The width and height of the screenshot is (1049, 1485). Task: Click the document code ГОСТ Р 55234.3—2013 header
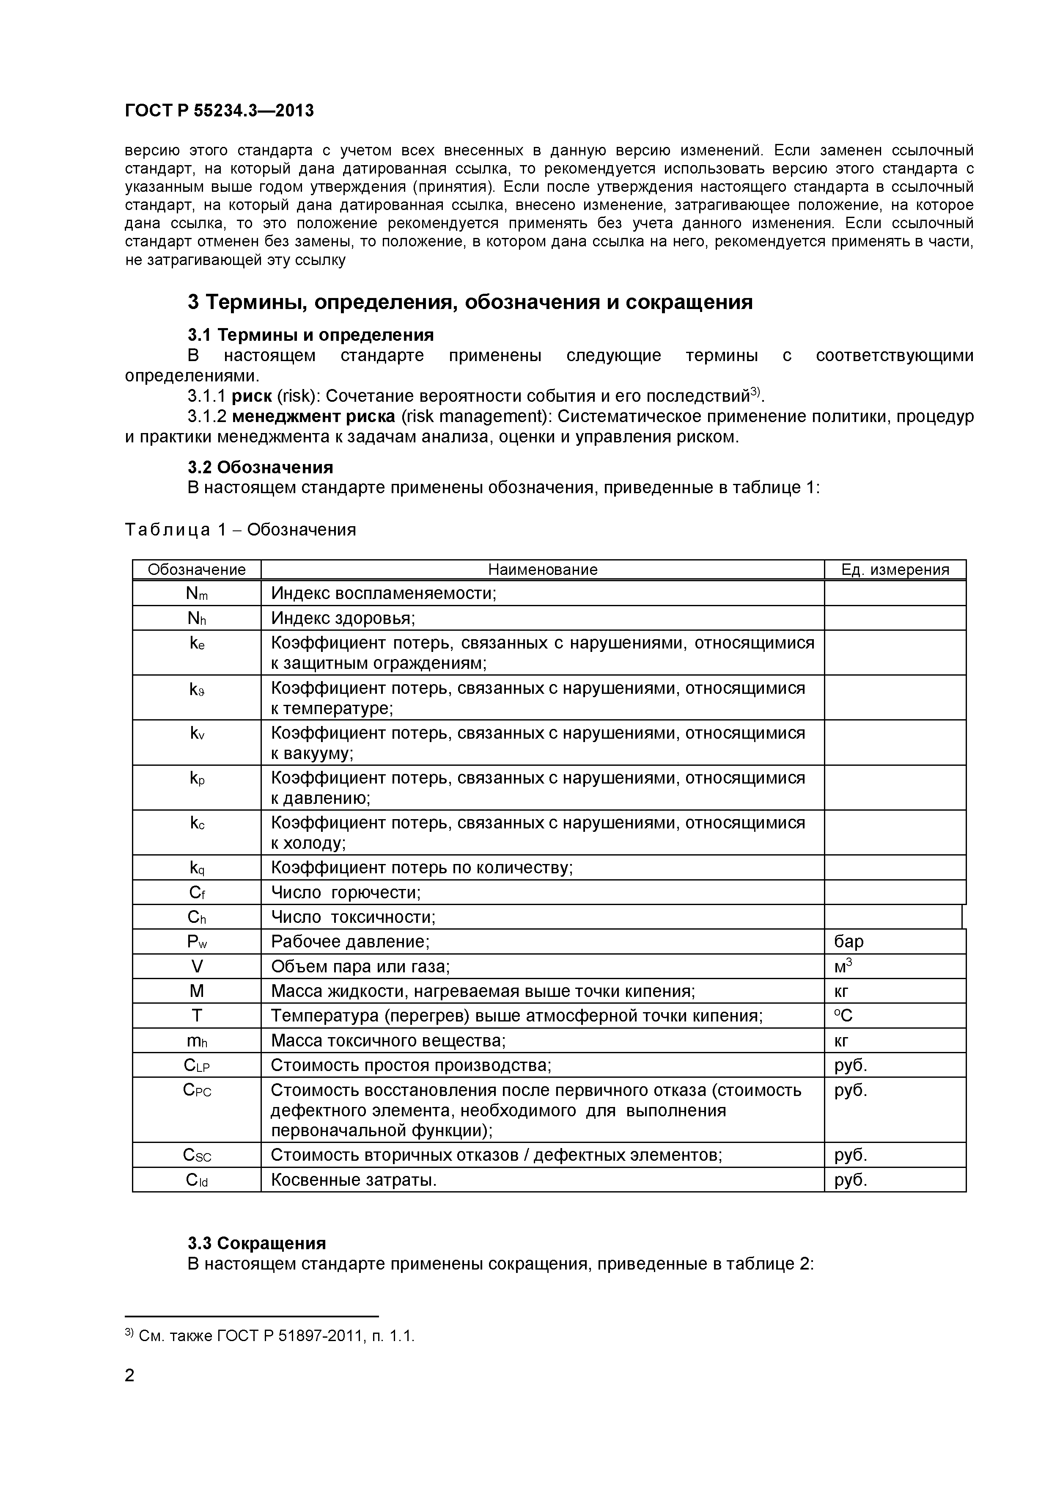219,110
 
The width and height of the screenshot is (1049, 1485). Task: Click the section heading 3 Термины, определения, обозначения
470,302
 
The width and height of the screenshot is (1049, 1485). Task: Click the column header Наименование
542,569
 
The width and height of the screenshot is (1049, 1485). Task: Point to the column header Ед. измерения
895,569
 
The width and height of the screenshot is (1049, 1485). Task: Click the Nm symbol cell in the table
197,593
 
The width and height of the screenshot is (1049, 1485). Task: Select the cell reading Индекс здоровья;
343,618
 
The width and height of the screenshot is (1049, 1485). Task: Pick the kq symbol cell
197,867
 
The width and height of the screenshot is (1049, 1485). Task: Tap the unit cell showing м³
843,966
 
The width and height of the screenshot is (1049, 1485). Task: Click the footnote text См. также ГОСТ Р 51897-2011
275,1336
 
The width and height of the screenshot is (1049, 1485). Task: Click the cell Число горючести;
345,892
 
